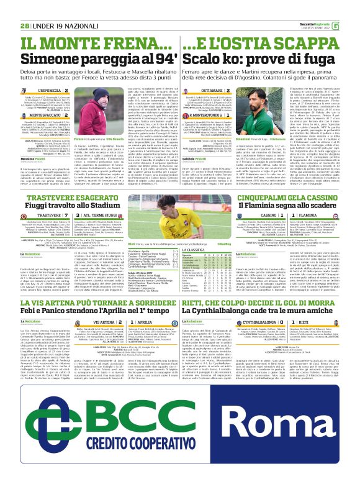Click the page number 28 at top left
tap(24, 25)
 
